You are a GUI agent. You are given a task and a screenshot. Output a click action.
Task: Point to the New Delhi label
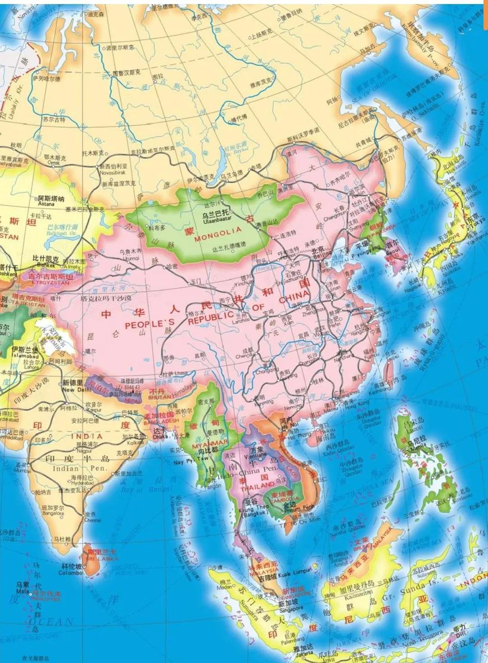tap(74, 389)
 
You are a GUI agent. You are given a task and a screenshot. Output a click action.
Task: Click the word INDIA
tap(87, 436)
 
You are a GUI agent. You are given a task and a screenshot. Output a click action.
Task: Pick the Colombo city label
tap(70, 573)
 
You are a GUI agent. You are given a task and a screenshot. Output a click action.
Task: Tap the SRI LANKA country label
tap(102, 559)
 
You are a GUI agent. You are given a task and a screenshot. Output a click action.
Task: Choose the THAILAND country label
tap(258, 488)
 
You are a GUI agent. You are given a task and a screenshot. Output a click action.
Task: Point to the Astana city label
tap(46, 204)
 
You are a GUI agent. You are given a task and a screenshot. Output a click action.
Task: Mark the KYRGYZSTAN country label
tap(51, 283)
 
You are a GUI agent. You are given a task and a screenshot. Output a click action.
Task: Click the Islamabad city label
tap(25, 355)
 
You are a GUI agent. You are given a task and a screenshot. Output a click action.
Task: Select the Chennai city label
tap(93, 520)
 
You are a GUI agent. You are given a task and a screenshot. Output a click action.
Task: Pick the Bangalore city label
tap(53, 513)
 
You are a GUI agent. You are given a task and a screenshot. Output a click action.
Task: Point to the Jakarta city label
tap(302, 654)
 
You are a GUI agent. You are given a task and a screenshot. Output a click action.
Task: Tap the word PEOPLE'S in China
tap(143, 325)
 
